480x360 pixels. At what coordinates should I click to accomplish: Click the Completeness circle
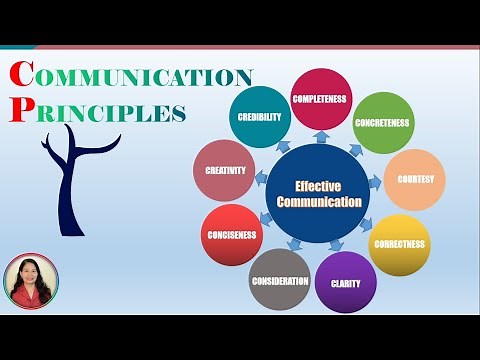320,98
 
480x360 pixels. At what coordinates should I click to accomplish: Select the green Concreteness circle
384,122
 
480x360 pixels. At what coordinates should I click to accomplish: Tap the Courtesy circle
414,180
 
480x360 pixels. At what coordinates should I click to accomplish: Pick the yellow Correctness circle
399,244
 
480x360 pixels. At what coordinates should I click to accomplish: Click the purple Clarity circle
345,282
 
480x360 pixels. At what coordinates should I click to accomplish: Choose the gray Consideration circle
279,280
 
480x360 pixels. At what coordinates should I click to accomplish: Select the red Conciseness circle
231,236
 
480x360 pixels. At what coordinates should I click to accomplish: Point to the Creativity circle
224,171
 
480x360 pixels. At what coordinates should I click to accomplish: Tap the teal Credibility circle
259,117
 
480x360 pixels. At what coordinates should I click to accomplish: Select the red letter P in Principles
17,109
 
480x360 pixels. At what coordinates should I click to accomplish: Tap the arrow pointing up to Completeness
320,137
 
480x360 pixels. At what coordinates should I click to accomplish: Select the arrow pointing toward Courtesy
375,184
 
